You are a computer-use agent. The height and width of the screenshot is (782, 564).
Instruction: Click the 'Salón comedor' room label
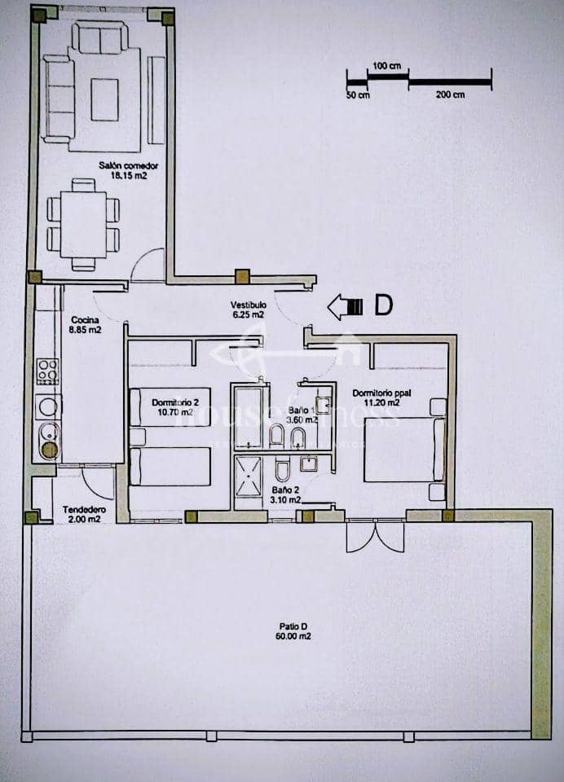[x=128, y=165]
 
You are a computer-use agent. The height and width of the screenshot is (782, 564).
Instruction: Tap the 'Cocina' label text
[x=86, y=319]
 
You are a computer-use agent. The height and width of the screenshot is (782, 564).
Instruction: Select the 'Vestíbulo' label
[x=248, y=305]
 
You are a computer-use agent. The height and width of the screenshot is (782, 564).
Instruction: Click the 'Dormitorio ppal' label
[x=377, y=393]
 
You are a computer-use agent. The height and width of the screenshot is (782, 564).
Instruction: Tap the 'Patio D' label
[x=293, y=626]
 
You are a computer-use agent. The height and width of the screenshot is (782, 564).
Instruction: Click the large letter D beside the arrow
[x=383, y=305]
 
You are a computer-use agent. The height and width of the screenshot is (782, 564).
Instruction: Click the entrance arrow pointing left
[x=344, y=306]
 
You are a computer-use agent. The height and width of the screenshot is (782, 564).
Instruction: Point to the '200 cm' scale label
[x=450, y=95]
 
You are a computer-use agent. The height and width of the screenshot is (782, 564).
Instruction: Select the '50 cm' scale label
[x=358, y=95]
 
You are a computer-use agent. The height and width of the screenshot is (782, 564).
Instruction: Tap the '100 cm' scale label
[x=387, y=65]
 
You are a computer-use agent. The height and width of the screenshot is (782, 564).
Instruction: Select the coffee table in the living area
[x=104, y=99]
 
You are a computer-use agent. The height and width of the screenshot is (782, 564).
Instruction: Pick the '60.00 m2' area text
[x=293, y=636]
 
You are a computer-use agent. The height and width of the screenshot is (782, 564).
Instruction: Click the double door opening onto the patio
[x=375, y=537]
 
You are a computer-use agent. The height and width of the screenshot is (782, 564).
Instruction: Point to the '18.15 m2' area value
[x=128, y=174]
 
